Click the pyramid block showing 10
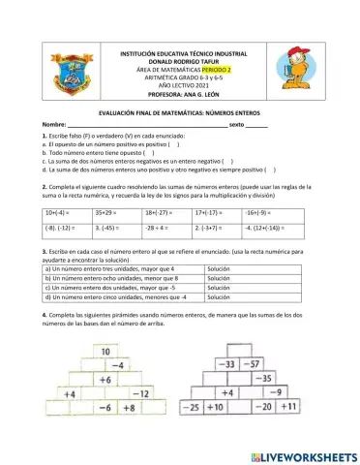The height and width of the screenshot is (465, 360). pyautogui.click(x=105, y=351)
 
